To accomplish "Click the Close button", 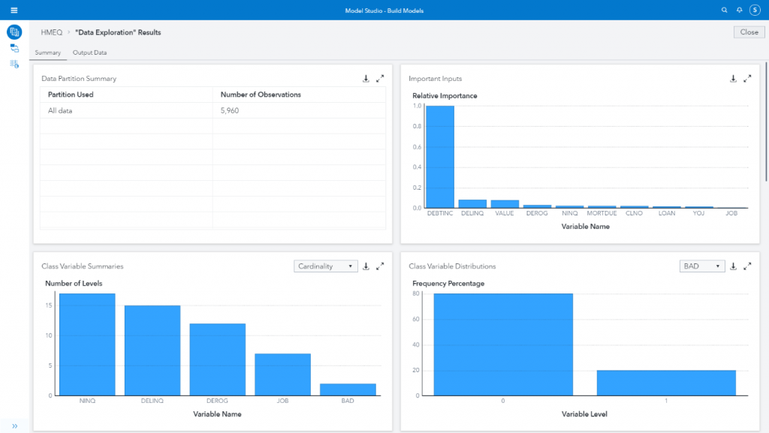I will pyautogui.click(x=749, y=32).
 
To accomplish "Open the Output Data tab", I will pyautogui.click(x=89, y=53).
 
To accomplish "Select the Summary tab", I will pyautogui.click(x=47, y=53).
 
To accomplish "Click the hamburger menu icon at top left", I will pyautogui.click(x=14, y=10).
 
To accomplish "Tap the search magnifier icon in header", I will pyautogui.click(x=724, y=10).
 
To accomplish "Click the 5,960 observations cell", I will pyautogui.click(x=230, y=110).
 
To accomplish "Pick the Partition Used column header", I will pyautogui.click(x=71, y=95).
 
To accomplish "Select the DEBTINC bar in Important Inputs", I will pyautogui.click(x=440, y=157).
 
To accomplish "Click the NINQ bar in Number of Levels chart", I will pyautogui.click(x=87, y=344).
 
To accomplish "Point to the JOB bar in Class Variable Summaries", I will pyautogui.click(x=282, y=374).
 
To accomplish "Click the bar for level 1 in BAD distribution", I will pyautogui.click(x=666, y=383).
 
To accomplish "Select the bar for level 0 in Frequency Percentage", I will pyautogui.click(x=503, y=344).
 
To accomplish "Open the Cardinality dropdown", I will pyautogui.click(x=326, y=266).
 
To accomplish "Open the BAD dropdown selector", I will pyautogui.click(x=701, y=266).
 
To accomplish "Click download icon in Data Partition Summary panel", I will pyautogui.click(x=366, y=78).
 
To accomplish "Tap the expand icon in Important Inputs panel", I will pyautogui.click(x=747, y=78).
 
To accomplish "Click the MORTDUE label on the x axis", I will pyautogui.click(x=602, y=213).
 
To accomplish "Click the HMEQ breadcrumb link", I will pyautogui.click(x=51, y=32).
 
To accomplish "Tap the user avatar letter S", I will pyautogui.click(x=755, y=10).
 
